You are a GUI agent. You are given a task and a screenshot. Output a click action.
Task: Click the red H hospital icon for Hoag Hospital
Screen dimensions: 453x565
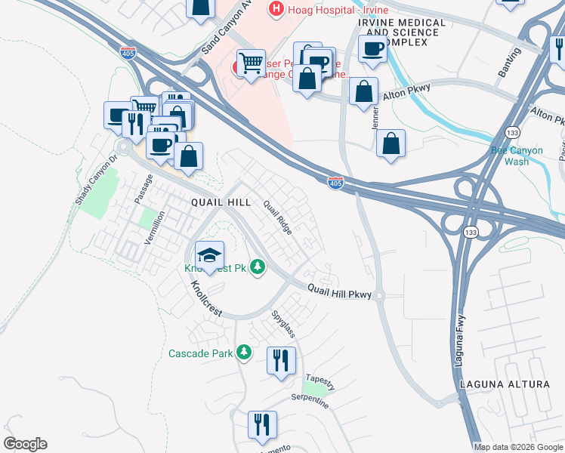[x=277, y=10]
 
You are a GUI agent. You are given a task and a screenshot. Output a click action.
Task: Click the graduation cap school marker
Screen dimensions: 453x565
[x=210, y=254]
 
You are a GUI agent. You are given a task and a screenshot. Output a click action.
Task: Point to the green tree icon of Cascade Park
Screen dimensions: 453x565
[x=243, y=353]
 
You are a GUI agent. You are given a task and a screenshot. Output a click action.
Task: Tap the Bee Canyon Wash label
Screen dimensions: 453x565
[x=517, y=156]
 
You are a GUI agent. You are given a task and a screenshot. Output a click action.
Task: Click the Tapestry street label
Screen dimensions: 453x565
[x=320, y=379]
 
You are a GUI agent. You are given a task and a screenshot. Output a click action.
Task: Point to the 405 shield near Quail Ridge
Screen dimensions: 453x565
[x=336, y=183]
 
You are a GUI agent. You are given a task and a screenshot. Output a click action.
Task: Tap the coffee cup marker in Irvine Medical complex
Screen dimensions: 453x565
[x=372, y=49]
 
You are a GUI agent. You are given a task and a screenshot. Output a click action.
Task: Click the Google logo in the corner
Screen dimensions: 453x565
[x=25, y=444]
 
